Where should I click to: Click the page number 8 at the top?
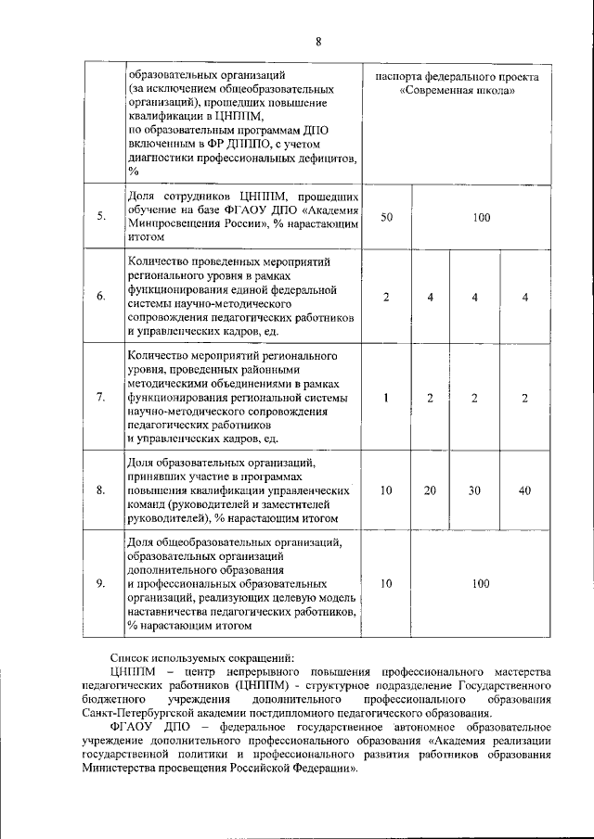coord(317,42)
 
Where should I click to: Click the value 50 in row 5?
coord(387,217)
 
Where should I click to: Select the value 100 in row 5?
coord(480,217)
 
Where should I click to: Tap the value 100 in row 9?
coord(480,584)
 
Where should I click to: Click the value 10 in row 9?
coord(387,584)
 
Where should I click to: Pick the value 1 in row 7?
coord(387,398)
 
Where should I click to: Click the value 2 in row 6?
coord(387,297)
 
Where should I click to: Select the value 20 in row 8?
coord(431,489)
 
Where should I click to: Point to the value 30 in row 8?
coord(474,489)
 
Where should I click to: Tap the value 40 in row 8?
coord(524,489)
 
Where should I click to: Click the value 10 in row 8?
coord(387,489)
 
